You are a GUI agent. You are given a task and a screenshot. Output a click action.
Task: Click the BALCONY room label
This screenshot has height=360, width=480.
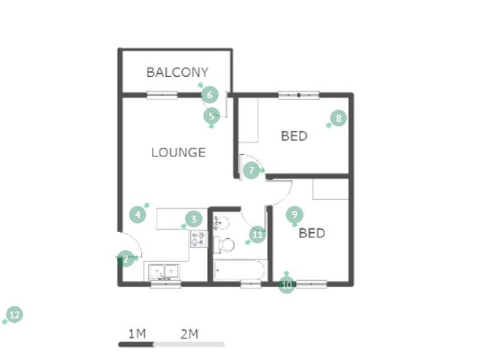(x=177, y=73)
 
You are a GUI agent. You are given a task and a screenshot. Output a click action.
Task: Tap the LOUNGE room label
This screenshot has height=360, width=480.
(x=178, y=152)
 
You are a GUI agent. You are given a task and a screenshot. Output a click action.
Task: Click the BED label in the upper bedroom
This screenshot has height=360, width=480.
(x=294, y=136)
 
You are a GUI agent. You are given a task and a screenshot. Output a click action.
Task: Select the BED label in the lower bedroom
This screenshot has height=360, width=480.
(x=312, y=233)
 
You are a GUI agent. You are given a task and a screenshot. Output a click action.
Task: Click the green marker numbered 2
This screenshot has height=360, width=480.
(x=125, y=259)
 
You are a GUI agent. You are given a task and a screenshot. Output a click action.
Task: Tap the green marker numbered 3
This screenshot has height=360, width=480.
(x=193, y=219)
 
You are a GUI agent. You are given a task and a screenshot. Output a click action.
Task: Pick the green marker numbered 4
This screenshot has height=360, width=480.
(x=138, y=214)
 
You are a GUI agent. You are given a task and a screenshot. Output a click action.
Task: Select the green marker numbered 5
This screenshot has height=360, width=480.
(x=211, y=115)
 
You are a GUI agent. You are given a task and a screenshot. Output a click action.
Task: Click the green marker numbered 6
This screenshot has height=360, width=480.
(x=209, y=94)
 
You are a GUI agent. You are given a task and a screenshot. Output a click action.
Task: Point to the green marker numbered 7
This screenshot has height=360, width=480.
(x=252, y=170)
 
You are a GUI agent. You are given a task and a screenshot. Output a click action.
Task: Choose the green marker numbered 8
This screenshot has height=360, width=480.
(x=338, y=118)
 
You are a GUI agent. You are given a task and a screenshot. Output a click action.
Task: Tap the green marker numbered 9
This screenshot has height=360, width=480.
(x=294, y=214)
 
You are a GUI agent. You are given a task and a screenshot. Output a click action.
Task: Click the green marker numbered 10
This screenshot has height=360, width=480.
(x=287, y=285)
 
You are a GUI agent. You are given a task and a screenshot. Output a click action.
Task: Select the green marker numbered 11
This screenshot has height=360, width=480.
(x=257, y=235)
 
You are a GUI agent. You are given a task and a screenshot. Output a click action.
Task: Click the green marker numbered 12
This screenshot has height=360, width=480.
(x=14, y=314)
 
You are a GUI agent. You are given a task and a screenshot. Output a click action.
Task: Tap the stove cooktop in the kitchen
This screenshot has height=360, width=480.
(x=198, y=239)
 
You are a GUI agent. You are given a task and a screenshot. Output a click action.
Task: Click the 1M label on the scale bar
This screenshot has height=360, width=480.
(x=137, y=334)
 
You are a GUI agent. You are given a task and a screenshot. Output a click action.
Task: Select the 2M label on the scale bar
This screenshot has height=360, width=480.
(x=189, y=334)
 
